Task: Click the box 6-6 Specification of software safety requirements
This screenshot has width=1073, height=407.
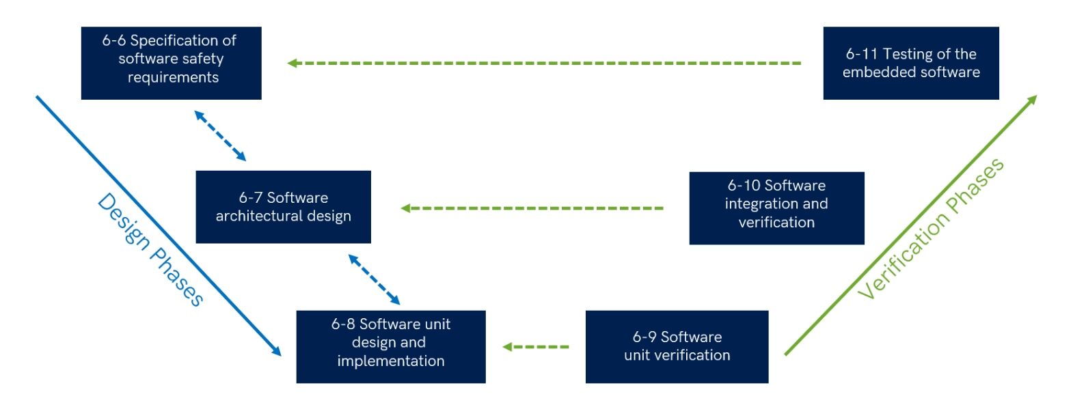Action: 171,63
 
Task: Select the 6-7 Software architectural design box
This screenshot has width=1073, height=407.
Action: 283,207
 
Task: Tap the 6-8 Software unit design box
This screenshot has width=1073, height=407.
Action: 390,346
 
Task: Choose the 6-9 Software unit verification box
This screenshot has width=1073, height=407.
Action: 677,346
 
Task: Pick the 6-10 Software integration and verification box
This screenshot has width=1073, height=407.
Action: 776,208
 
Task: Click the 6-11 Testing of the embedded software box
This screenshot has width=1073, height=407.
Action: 910,63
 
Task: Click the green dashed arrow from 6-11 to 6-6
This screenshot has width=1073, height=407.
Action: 543,63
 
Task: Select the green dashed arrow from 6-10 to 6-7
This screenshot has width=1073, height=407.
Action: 532,208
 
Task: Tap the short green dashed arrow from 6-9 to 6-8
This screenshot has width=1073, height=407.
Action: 536,347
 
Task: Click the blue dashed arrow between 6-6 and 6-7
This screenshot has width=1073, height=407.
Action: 220,136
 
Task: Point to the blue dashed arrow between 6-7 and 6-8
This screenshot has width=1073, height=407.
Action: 374,279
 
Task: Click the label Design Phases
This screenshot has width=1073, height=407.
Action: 151,249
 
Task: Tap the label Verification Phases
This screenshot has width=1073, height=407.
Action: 931,229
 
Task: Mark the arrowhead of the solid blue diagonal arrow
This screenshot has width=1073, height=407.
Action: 277,352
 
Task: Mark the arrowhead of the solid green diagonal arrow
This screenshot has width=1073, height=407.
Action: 1033,100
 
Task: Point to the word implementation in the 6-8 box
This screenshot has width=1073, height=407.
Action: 390,361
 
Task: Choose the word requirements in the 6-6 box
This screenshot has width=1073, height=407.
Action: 173,78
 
